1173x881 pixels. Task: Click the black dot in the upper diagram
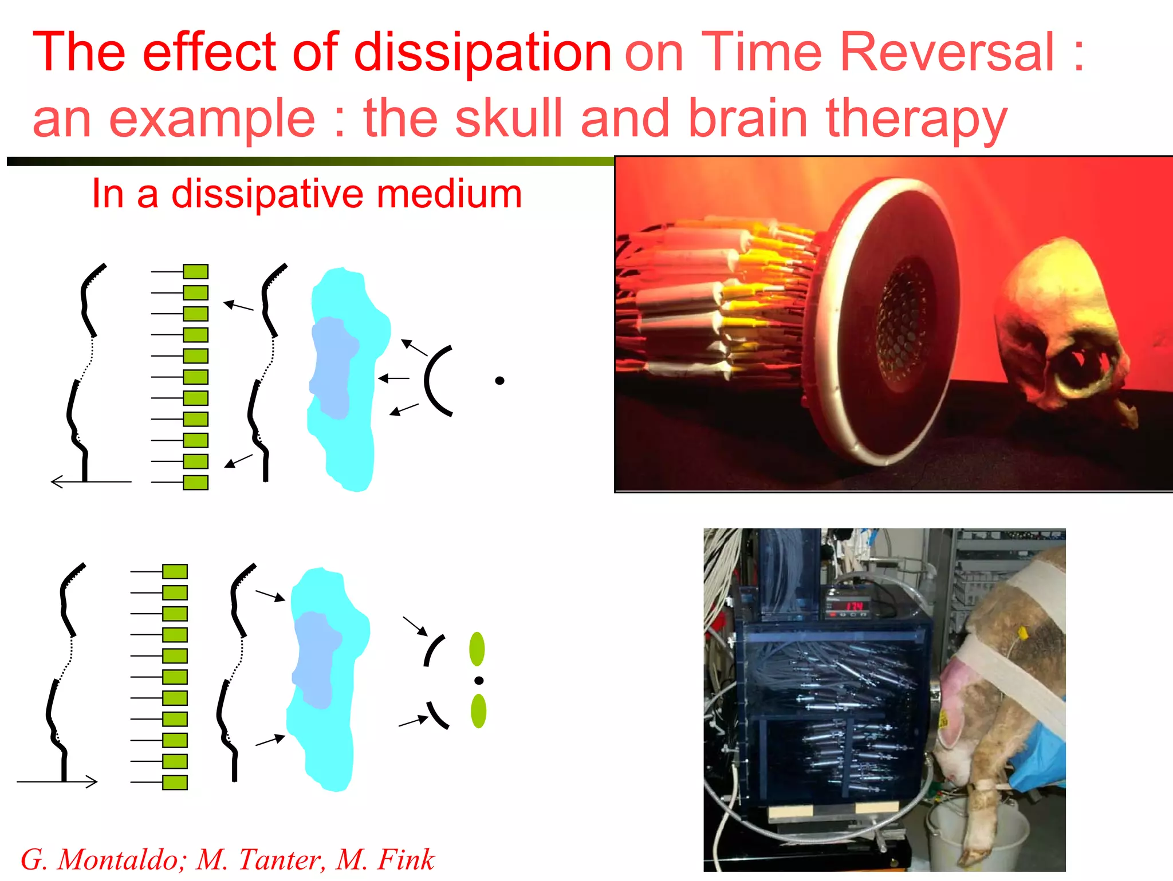[x=499, y=381]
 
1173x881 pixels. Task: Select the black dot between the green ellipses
[x=479, y=681]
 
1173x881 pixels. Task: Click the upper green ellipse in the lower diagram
[x=477, y=649]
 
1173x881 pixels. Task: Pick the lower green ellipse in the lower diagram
[x=478, y=711]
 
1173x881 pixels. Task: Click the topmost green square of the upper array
[x=195, y=271]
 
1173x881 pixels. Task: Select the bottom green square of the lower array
[x=175, y=783]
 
